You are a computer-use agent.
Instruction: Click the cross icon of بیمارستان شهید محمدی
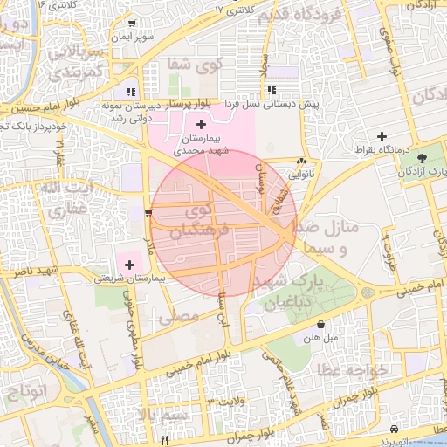point(202,125)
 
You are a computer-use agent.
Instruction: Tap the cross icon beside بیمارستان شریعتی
point(130,264)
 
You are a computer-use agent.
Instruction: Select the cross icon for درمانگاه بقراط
point(382,136)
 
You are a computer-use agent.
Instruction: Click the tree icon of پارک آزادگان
point(423,158)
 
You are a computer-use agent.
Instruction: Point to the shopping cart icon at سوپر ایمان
point(131,24)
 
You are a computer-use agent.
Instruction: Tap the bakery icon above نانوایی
point(302,162)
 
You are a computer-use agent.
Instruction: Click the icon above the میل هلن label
point(320,325)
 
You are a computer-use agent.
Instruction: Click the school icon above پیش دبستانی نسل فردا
point(272,90)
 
